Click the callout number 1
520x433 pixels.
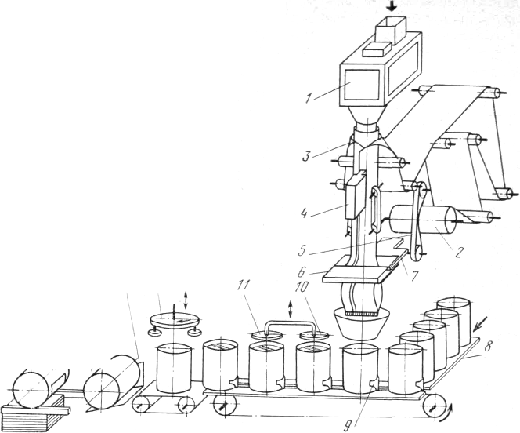tap(311, 98)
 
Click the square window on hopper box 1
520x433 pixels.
tap(363, 82)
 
